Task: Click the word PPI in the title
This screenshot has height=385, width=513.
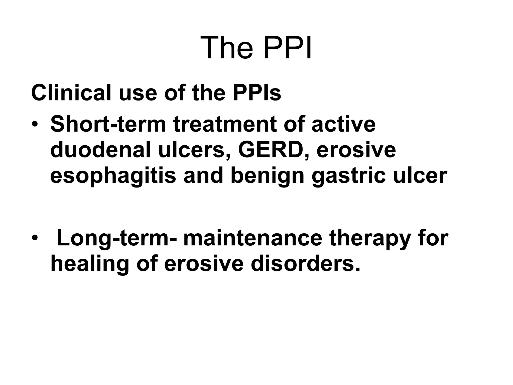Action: [288, 48]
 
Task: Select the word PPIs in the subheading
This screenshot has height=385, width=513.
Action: [257, 93]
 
